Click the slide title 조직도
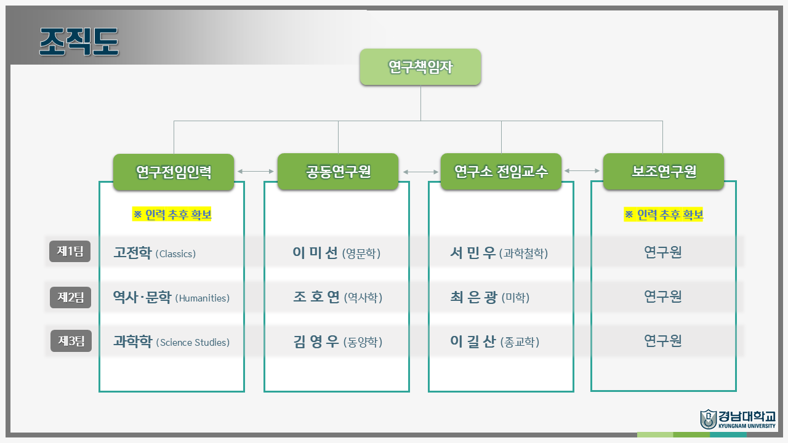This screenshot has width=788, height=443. (x=79, y=42)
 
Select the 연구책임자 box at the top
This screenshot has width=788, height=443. (x=420, y=67)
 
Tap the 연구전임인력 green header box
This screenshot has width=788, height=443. (x=174, y=172)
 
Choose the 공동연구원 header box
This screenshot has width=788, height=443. (x=338, y=172)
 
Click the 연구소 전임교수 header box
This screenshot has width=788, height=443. (x=501, y=172)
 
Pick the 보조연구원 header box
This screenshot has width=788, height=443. (x=664, y=172)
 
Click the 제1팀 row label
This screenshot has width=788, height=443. (x=70, y=252)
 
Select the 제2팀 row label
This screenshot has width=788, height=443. (x=70, y=297)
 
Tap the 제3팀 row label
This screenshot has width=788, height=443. (x=71, y=341)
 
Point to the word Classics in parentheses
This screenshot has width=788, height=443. (x=175, y=254)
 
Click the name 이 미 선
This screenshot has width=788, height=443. (x=315, y=252)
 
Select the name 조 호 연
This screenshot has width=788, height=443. (x=316, y=297)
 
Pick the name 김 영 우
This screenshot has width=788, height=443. (x=316, y=341)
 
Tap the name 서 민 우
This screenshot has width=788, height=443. (x=473, y=252)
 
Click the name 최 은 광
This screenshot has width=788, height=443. (x=473, y=297)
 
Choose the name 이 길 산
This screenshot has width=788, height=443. (x=473, y=341)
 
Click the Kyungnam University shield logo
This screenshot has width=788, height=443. (x=708, y=419)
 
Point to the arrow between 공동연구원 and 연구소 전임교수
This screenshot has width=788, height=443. (x=420, y=172)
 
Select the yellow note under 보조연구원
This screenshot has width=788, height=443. (x=664, y=215)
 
